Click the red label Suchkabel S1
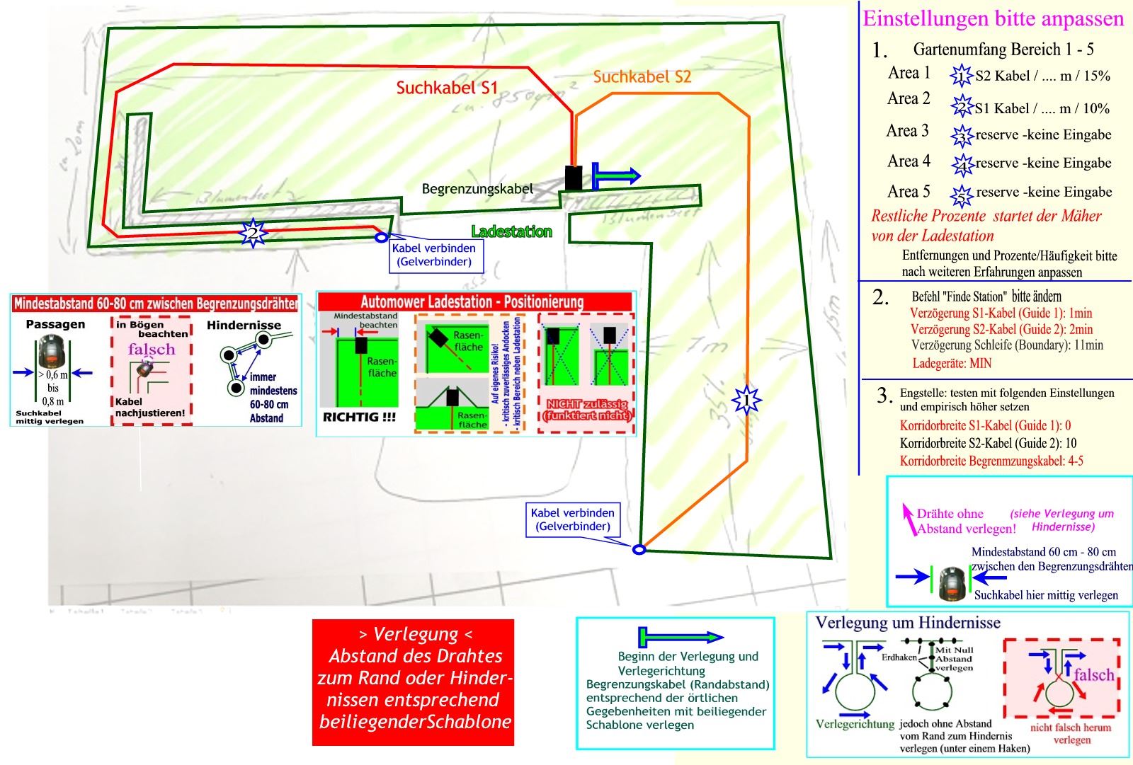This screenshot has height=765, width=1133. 447,88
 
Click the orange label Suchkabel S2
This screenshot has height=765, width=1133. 642,76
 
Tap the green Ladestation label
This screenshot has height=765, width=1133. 511,231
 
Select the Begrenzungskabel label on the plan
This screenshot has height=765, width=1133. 477,189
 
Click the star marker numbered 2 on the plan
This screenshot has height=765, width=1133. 253,233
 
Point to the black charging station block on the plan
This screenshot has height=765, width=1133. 573,178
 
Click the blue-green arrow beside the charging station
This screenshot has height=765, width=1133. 615,176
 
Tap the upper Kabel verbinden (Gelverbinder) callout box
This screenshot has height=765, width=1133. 434,255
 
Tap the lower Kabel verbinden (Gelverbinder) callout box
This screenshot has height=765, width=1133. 573,519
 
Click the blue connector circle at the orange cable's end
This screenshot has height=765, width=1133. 639,549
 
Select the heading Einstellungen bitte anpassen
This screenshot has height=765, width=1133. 993,18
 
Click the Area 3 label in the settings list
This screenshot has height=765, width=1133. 907,131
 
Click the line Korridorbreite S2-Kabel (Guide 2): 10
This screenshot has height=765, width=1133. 988,444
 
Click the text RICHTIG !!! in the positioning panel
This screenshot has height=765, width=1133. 359,417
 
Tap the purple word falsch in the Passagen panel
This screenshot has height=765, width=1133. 151,349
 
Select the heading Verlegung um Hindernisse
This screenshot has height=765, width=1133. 908,623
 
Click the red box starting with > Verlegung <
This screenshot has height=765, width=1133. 413,682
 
